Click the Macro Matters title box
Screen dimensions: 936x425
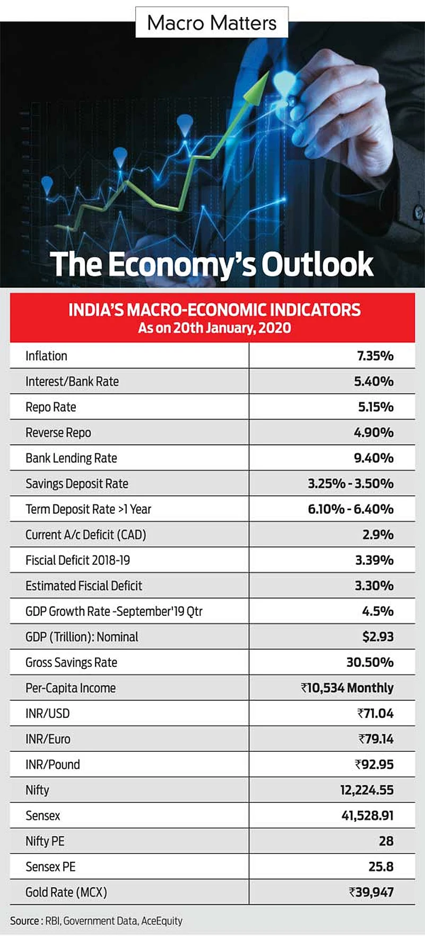[212, 23]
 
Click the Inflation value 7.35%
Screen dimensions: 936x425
[375, 356]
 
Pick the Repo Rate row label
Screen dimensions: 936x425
[51, 407]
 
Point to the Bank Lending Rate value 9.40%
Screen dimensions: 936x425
[374, 458]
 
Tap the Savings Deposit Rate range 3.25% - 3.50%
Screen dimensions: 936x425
[351, 484]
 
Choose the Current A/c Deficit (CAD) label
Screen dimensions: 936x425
[85, 535]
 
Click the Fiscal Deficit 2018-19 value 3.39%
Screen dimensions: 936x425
[374, 560]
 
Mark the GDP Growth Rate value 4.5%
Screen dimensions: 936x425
[378, 611]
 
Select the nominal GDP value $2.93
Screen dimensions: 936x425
[378, 637]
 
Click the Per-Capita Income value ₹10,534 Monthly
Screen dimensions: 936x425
[347, 688]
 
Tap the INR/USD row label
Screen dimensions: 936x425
[48, 714]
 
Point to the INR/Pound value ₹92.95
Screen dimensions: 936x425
[374, 765]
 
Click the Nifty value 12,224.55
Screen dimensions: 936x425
[367, 790]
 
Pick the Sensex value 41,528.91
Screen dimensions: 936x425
[367, 815]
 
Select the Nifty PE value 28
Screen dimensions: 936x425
[386, 841]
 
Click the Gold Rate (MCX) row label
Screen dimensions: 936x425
[66, 892]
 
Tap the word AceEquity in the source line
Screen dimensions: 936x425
[161, 921]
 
